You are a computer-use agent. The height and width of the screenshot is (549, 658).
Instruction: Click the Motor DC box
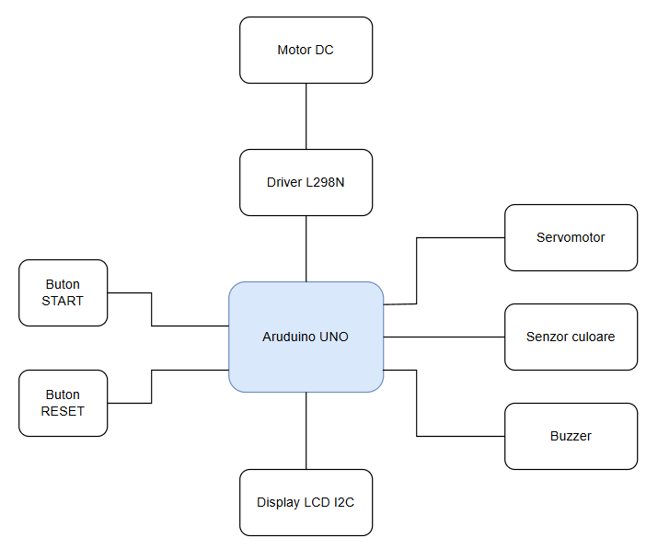tap(306, 50)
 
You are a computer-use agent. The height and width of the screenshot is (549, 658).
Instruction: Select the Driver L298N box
tap(306, 182)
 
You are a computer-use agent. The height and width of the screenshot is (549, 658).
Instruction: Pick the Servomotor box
tap(571, 237)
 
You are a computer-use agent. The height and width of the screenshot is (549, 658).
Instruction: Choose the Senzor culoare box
tap(571, 337)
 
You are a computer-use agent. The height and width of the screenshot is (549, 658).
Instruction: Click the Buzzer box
tap(571, 436)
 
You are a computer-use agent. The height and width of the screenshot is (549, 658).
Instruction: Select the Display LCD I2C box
tap(306, 502)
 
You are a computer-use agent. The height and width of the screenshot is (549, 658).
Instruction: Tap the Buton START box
tap(63, 292)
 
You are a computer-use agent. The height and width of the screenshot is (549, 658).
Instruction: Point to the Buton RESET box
tap(63, 403)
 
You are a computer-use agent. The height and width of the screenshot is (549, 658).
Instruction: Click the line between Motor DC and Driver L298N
tap(306, 116)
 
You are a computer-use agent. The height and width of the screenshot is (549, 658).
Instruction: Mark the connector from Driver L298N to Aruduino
tap(306, 248)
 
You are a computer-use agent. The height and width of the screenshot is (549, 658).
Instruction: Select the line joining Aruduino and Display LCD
tap(306, 430)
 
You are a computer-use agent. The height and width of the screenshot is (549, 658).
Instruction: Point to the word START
tap(63, 301)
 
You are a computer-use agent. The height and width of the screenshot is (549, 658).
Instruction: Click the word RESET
tap(63, 411)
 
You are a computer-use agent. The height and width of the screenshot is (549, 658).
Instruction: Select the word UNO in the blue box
tap(334, 337)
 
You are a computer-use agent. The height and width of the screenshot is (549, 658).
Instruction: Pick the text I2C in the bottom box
tap(343, 502)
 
